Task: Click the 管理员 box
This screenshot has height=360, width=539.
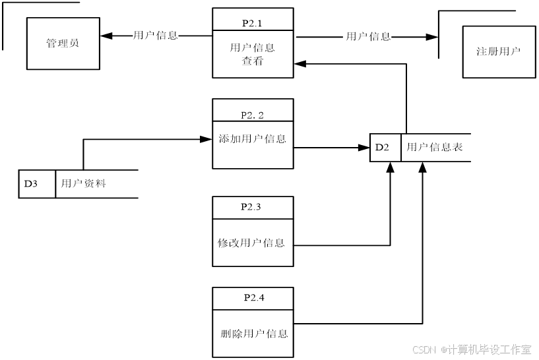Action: pos(63,44)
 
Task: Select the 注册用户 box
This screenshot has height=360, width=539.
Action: pos(499,51)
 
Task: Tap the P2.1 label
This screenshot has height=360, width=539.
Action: pos(252,23)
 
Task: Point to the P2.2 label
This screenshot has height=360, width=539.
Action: pos(252,115)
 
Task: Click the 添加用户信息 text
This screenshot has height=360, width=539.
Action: pos(252,139)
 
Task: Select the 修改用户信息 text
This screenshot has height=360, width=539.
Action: pos(251,243)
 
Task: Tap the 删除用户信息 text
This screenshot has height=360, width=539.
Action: pos(254,334)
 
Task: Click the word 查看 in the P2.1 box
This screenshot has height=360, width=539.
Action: pos(252,61)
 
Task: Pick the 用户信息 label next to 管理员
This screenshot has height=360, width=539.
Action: pos(156,36)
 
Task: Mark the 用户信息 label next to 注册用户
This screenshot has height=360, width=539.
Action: pos(368,37)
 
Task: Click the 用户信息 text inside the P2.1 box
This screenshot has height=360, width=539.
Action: pos(252,47)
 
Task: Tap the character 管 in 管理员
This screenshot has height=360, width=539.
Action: pos(51,44)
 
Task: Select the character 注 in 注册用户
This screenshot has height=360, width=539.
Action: pos(482,51)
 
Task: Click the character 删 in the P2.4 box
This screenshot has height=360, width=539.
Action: pos(226,334)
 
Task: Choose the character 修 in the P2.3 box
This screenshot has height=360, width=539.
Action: pos(223,243)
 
